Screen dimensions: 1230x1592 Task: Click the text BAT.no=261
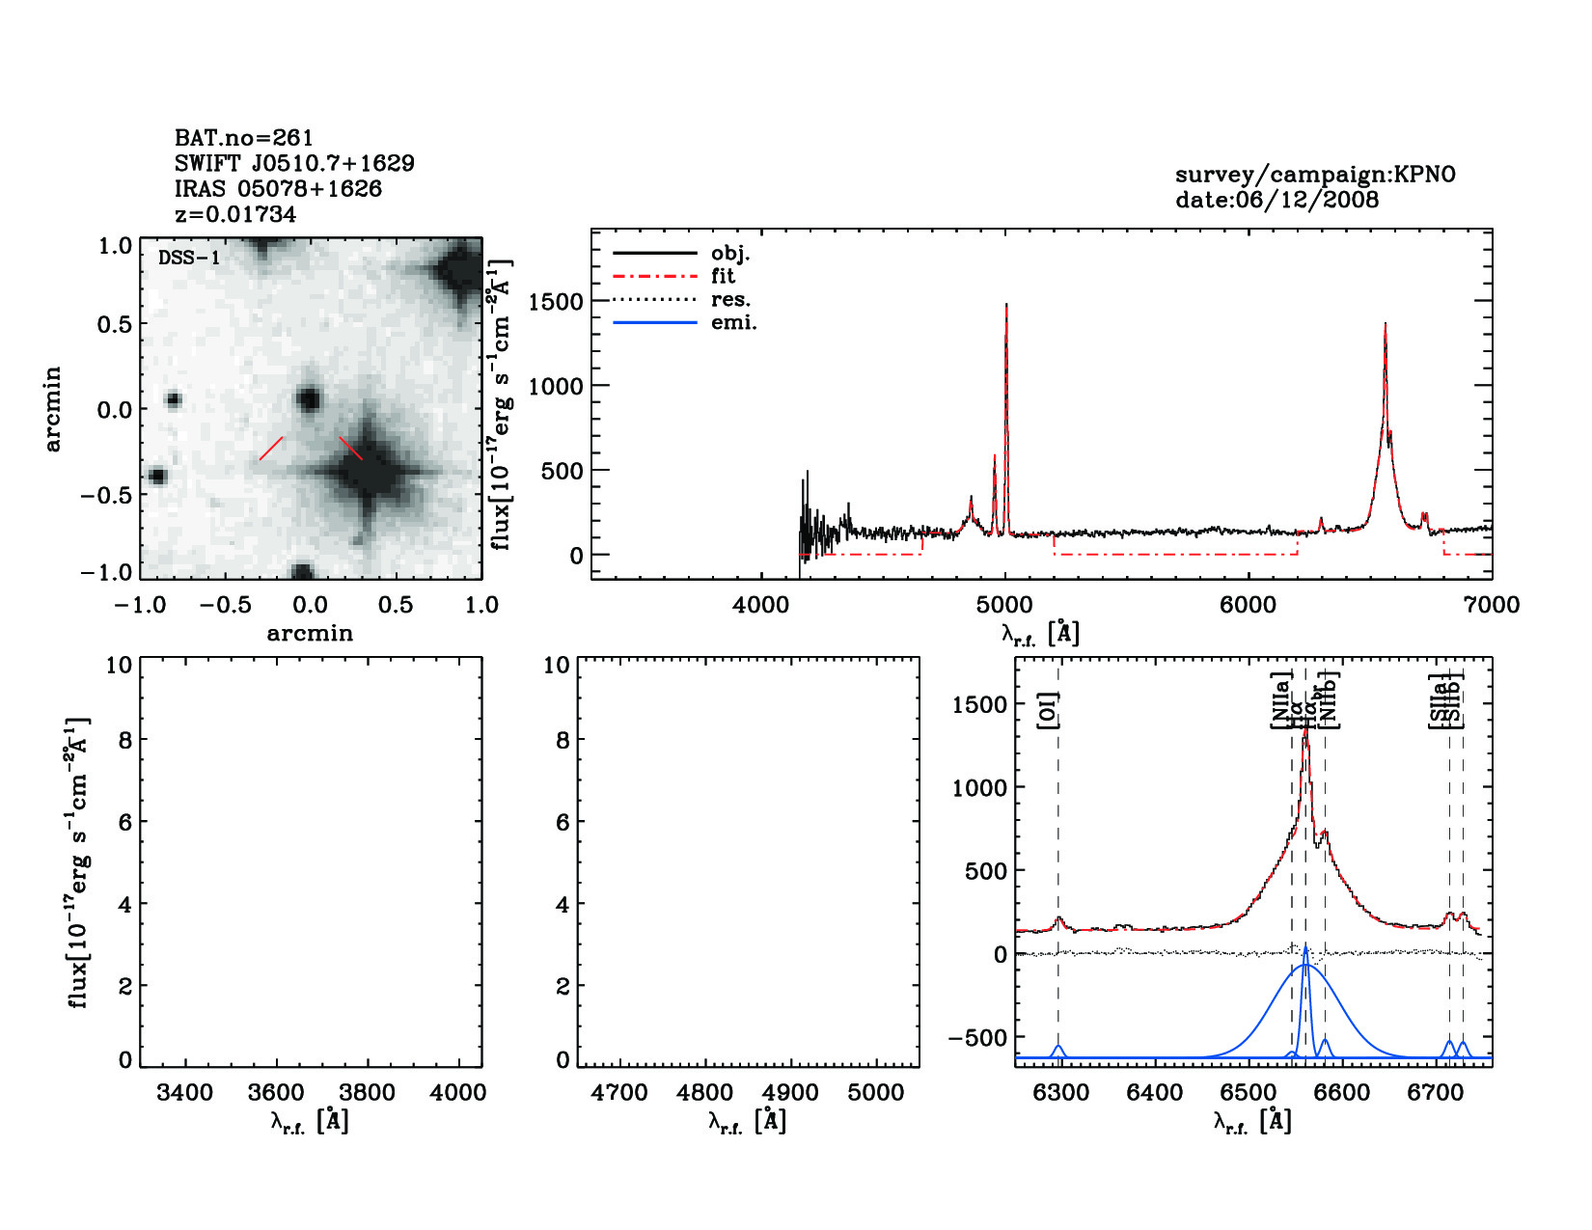click(x=243, y=138)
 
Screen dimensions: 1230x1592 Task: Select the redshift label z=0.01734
click(x=235, y=214)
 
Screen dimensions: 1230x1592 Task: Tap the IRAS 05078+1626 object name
click(x=278, y=189)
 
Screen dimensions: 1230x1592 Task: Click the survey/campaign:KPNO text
click(x=1315, y=175)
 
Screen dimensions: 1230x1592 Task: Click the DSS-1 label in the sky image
click(x=188, y=259)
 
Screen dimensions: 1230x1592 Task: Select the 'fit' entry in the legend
click(x=723, y=276)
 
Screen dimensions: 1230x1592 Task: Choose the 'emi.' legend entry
click(x=733, y=322)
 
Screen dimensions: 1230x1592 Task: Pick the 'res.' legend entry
click(x=730, y=299)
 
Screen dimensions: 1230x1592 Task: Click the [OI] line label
click(x=1050, y=711)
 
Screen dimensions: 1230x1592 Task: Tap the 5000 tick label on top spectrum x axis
click(x=1005, y=605)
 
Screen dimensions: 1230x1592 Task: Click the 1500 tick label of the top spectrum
click(x=557, y=302)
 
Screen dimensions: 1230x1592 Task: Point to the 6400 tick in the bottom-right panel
click(x=1155, y=1093)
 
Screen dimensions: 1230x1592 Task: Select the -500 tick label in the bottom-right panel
click(x=978, y=1038)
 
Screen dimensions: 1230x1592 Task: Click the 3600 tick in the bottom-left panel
click(x=276, y=1093)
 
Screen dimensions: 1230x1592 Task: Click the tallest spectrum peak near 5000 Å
click(x=1006, y=307)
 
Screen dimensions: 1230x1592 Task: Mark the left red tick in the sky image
click(x=271, y=449)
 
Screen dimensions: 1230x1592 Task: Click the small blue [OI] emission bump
click(x=1058, y=1050)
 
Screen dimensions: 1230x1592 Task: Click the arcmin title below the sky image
click(x=310, y=633)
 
